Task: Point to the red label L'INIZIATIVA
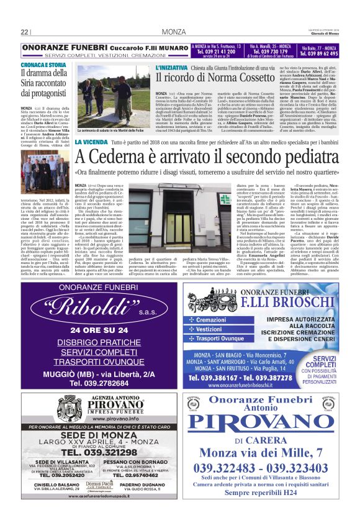tap(173, 66)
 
